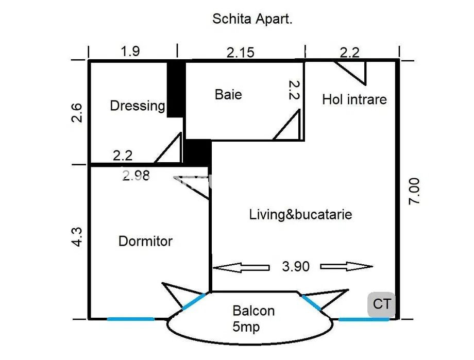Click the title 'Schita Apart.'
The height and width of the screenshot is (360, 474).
(252, 19)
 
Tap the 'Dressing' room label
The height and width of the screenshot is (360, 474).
(138, 106)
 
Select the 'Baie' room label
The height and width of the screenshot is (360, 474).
(228, 95)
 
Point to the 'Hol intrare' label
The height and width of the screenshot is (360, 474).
(354, 99)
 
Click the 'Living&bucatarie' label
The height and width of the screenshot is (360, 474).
(300, 215)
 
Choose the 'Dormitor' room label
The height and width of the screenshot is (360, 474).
(145, 241)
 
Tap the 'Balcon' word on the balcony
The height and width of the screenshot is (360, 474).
(253, 311)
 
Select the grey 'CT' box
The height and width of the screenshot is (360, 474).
(381, 304)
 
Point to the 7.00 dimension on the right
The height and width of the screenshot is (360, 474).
(414, 191)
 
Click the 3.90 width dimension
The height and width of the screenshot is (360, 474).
(296, 267)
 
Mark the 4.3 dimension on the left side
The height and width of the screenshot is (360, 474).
(77, 237)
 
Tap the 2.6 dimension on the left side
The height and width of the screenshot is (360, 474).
(77, 113)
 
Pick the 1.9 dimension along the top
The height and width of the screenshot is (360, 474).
(130, 52)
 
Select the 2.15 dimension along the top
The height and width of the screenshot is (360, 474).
(241, 53)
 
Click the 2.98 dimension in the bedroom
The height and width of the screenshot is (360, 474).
(136, 176)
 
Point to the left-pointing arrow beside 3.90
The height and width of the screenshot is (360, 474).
(241, 267)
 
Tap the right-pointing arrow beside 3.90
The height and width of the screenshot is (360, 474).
(346, 266)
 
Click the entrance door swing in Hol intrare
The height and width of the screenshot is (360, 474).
(351, 73)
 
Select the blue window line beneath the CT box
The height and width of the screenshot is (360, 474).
(364, 319)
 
